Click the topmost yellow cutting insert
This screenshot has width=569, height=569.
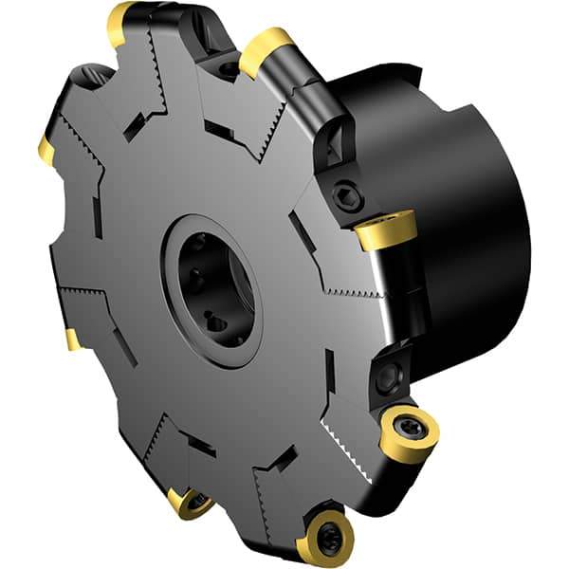tap(120, 24)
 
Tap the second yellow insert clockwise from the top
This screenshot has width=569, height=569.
tap(266, 50)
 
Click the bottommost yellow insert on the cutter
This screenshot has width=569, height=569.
tap(325, 539)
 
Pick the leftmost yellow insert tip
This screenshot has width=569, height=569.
tap(46, 149)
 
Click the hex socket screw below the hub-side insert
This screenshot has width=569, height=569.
tap(386, 376)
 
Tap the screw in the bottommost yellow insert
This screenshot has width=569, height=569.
tap(329, 536)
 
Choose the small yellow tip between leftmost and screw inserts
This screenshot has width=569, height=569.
tap(73, 340)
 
